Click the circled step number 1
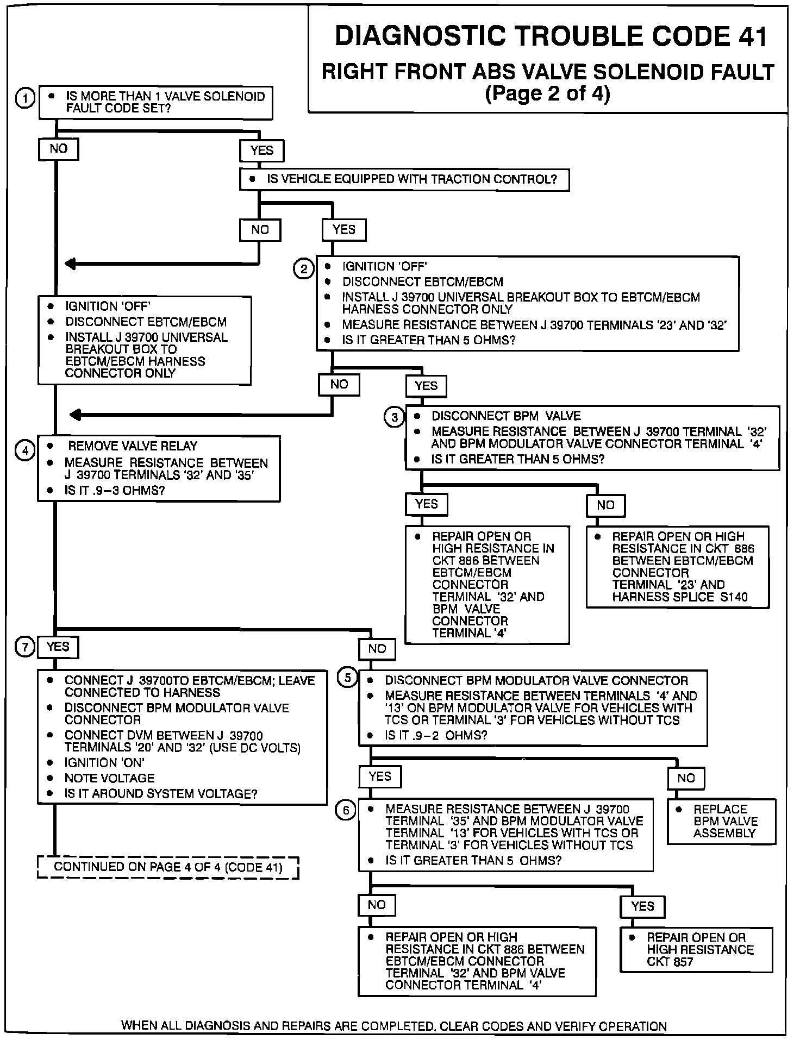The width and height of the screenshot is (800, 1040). coord(25,98)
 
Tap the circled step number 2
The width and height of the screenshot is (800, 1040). coord(303,269)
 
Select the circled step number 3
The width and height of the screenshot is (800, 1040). coord(394,417)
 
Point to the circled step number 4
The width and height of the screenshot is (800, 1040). coord(25,450)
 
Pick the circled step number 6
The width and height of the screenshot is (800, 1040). coord(346,810)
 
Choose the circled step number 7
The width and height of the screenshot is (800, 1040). coord(25,647)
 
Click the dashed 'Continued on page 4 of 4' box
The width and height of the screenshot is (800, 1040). coord(168,867)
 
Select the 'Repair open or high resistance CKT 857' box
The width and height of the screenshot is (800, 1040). coord(696,949)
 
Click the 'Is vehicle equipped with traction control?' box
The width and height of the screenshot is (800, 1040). coord(404,180)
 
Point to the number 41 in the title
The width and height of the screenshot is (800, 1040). coord(752,37)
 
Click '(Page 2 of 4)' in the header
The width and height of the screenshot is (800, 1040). coord(547,94)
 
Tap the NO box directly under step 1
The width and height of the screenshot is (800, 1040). coord(58,149)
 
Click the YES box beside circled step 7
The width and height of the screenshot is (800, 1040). coord(58,647)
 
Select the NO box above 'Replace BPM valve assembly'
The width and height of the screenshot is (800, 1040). coord(686,778)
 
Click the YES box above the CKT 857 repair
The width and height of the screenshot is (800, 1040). coord(642,906)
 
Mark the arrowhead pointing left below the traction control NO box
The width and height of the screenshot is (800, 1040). coord(71,264)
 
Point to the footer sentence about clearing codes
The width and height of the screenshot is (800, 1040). coord(393,1026)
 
